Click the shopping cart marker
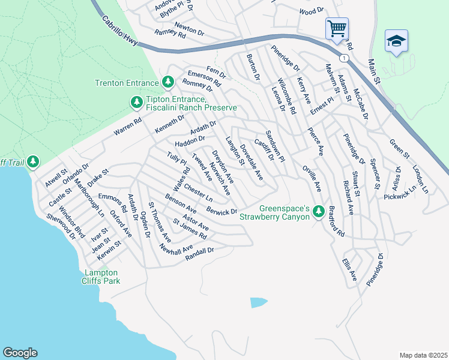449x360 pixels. coord(337,28)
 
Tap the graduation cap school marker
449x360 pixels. coord(396,41)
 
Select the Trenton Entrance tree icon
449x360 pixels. coord(169,82)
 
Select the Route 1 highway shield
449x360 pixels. coord(343,58)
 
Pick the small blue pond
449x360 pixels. coord(258,302)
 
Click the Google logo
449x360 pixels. coord(20,353)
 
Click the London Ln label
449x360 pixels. coord(420,179)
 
